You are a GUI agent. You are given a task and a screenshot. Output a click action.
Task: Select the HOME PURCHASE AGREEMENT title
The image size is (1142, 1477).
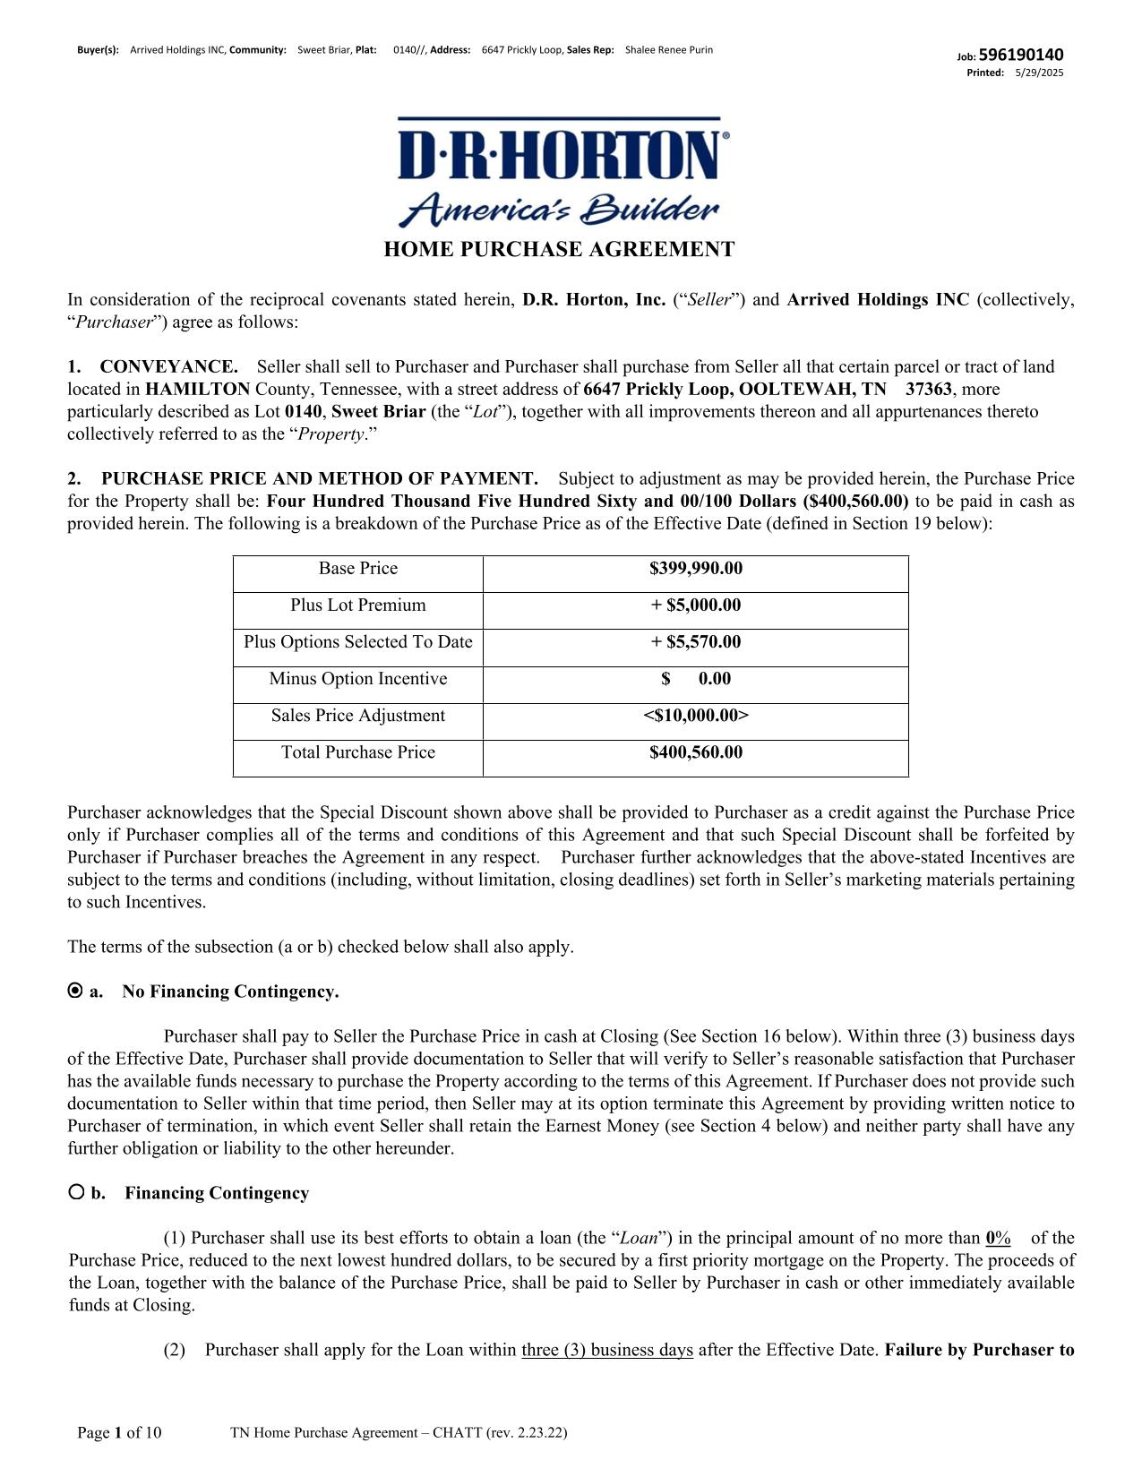[559, 250]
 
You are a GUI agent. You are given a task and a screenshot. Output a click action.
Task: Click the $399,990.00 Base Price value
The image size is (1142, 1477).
[695, 569]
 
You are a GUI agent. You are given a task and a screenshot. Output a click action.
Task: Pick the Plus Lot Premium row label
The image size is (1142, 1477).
[357, 605]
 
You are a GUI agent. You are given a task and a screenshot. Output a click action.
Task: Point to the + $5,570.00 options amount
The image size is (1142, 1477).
[695, 642]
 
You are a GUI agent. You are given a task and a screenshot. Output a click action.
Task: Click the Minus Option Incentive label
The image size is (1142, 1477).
[357, 679]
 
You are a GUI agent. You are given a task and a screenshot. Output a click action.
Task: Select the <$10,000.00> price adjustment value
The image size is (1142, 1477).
[695, 716]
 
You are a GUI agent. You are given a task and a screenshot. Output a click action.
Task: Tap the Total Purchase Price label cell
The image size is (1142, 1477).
[357, 752]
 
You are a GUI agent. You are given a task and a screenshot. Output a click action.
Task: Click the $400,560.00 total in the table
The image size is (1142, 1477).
[695, 752]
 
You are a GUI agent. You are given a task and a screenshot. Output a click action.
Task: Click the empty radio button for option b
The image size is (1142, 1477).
[75, 1192]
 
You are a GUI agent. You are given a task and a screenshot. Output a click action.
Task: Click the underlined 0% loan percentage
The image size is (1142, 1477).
[998, 1239]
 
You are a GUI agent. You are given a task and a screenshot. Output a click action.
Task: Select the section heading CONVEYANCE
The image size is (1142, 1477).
[168, 367]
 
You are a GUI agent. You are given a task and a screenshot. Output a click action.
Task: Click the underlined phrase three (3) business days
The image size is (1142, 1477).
[607, 1351]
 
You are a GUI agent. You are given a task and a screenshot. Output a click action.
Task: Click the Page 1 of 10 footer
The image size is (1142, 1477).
[119, 1433]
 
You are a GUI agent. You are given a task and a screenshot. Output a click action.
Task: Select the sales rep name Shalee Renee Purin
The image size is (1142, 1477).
[668, 50]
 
